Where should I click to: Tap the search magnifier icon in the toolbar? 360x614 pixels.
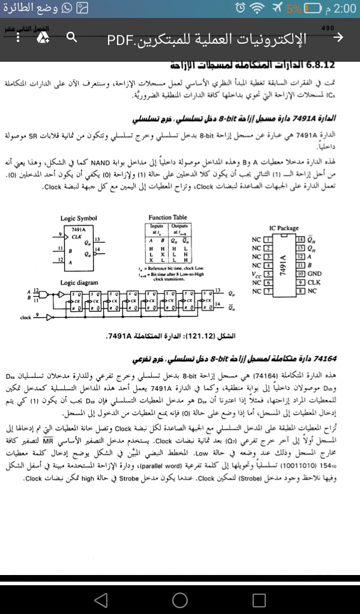pyautogui.click(x=71, y=38)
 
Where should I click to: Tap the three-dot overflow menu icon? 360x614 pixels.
pyautogui.click(x=19, y=38)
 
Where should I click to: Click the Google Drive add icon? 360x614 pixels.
pyautogui.click(x=44, y=38)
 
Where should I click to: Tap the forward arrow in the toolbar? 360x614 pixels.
pyautogui.click(x=338, y=38)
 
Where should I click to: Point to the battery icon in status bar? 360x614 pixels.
pyautogui.click(x=312, y=8)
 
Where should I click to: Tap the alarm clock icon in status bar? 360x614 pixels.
pyautogui.click(x=240, y=8)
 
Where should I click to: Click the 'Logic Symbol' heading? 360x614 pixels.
pyautogui.click(x=78, y=218)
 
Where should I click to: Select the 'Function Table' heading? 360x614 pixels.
pyautogui.click(x=167, y=218)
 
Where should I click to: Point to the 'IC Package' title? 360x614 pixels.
pyautogui.click(x=284, y=228)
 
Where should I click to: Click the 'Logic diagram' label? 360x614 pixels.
pyautogui.click(x=80, y=282)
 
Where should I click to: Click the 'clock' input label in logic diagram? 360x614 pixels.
pyautogui.click(x=25, y=317)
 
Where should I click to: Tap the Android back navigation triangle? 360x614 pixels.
pyautogui.click(x=101, y=599)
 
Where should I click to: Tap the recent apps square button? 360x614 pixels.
pyautogui.click(x=259, y=599)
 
